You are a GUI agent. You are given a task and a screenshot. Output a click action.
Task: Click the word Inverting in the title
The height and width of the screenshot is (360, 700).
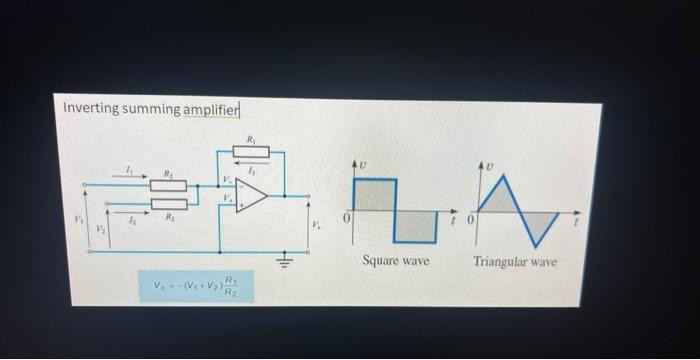(x=89, y=107)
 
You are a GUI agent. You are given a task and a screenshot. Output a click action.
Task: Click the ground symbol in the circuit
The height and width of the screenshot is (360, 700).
(x=282, y=263)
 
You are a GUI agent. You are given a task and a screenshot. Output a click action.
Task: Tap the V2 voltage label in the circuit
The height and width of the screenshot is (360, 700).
(x=98, y=229)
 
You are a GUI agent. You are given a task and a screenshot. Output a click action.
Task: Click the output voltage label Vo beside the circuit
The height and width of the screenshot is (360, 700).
(x=316, y=224)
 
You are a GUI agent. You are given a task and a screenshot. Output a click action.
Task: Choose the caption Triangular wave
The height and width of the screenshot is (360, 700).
(x=515, y=261)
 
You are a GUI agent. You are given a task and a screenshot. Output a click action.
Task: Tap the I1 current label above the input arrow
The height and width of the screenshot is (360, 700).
(x=128, y=170)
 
